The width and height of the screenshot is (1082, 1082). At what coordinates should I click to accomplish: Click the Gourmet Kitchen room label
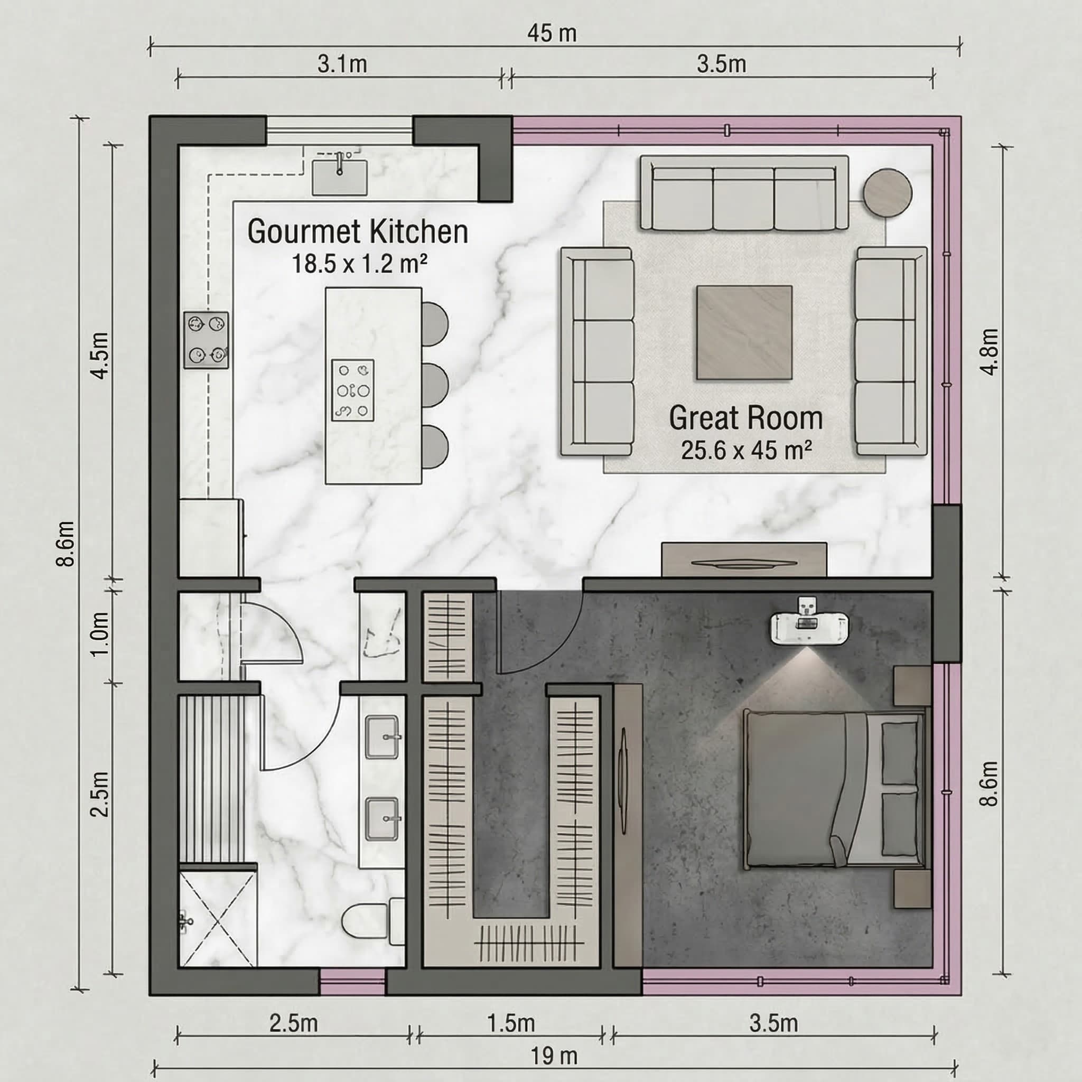click(x=358, y=232)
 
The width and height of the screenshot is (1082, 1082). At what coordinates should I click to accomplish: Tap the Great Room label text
click(x=746, y=418)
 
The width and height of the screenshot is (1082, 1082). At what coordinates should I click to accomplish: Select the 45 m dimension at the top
click(x=552, y=33)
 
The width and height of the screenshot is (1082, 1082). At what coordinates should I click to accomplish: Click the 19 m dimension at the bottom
click(x=553, y=1056)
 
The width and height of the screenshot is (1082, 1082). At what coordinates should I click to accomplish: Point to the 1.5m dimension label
click(x=511, y=1023)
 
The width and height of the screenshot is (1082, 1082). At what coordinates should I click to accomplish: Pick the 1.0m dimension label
click(x=100, y=634)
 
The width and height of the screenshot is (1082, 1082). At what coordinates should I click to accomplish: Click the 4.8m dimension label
click(x=990, y=352)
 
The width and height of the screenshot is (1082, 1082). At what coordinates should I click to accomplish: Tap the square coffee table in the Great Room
click(x=744, y=332)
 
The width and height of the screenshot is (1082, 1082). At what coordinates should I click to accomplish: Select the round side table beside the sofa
click(x=887, y=193)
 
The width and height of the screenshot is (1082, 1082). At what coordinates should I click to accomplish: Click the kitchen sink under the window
click(x=340, y=177)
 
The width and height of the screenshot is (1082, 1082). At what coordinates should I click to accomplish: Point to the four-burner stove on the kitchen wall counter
click(x=206, y=340)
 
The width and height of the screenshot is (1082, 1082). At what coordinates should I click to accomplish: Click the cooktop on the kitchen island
click(x=353, y=390)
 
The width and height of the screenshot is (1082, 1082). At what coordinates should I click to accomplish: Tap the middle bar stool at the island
click(x=435, y=385)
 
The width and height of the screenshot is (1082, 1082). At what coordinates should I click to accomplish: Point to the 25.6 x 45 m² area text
click(x=747, y=450)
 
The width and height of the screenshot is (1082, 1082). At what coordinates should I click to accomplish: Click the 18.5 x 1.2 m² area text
click(x=360, y=264)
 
